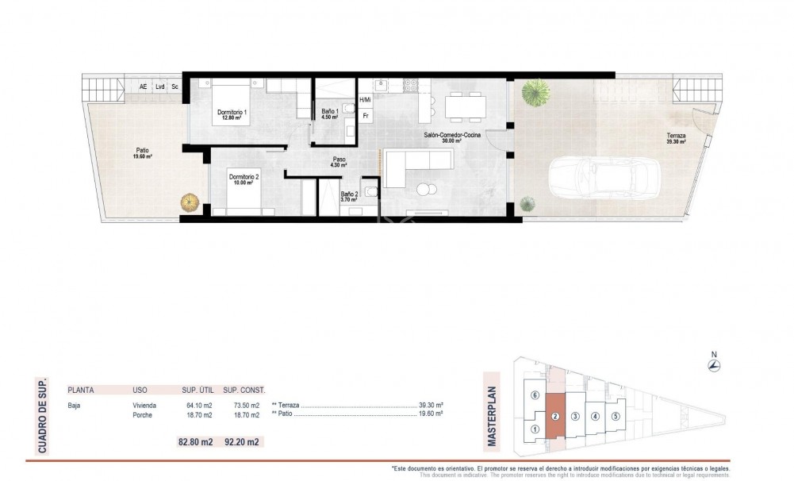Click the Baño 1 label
(x=330, y=113)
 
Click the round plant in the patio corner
(x=189, y=203)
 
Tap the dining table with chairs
(x=465, y=104)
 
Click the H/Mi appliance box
(x=365, y=100)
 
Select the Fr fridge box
(x=366, y=115)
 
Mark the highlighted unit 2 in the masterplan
(x=555, y=417)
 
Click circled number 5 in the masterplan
(x=615, y=414)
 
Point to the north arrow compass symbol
(x=713, y=365)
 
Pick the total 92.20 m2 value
(x=244, y=442)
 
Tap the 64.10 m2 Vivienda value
(x=194, y=406)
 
